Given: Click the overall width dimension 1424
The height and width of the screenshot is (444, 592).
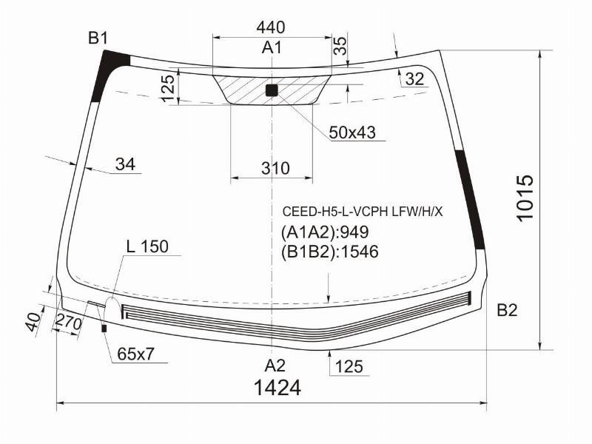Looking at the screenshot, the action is click(278, 388).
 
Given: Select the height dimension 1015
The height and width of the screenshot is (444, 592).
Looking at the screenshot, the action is click(525, 198).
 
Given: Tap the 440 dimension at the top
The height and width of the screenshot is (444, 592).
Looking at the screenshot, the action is click(271, 27).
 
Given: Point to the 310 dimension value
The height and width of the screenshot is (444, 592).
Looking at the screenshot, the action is click(275, 168).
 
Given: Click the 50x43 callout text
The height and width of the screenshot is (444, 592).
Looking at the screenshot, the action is click(352, 132).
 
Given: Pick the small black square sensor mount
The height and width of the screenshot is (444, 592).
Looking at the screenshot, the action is click(272, 90).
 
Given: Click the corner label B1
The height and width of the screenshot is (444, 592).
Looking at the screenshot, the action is click(98, 38).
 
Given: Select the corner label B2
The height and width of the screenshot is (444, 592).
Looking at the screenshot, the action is click(507, 310).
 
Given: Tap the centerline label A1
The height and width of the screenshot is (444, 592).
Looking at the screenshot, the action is click(272, 48).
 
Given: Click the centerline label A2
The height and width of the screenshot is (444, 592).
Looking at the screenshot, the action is click(275, 366).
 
